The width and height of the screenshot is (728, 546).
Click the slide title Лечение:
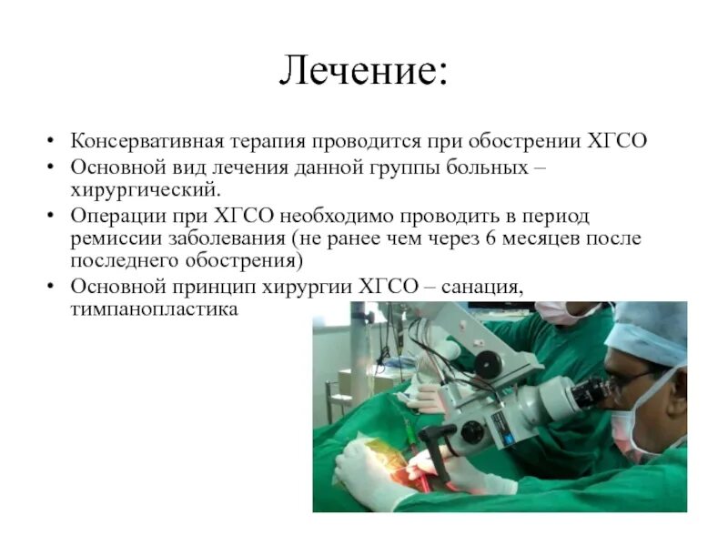363,72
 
